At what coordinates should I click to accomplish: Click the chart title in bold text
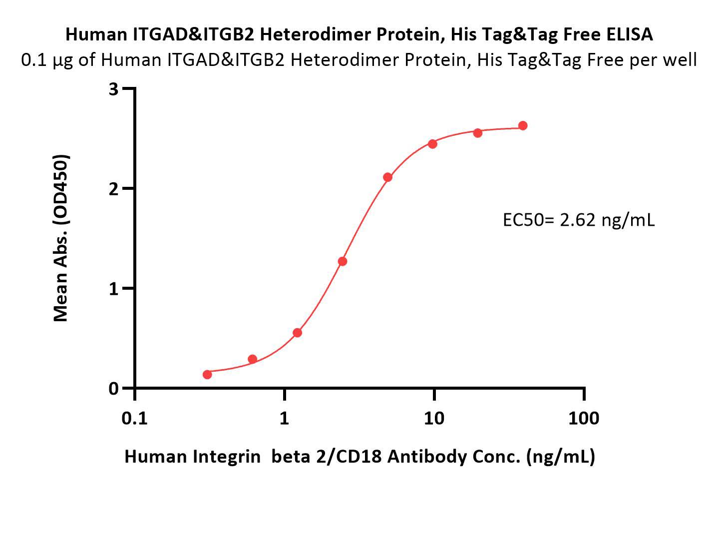pos(359,35)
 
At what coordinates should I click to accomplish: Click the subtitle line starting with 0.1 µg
pos(359,60)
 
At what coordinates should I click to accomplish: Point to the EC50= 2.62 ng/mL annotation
pos(579,220)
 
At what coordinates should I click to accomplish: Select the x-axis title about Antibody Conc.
pos(359,457)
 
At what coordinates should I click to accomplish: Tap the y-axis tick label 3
pos(113,89)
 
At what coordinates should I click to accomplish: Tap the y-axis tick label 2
pos(113,188)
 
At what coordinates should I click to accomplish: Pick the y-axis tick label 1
pos(114,289)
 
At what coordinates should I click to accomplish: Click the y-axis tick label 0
pos(113,389)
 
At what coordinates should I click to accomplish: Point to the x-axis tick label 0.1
pos(134,419)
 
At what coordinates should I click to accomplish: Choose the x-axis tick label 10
pos(434,419)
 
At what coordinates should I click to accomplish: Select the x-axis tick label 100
pos(584,419)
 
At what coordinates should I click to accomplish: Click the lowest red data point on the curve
pos(207,374)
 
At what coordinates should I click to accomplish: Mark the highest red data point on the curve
pos(523,125)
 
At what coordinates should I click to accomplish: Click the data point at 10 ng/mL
pos(433,144)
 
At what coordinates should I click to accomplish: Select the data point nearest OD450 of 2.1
pos(388,177)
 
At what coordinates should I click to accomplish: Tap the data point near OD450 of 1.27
pos(343,261)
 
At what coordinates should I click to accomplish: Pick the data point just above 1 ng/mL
pos(298,333)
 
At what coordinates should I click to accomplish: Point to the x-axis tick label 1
pos(284,419)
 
